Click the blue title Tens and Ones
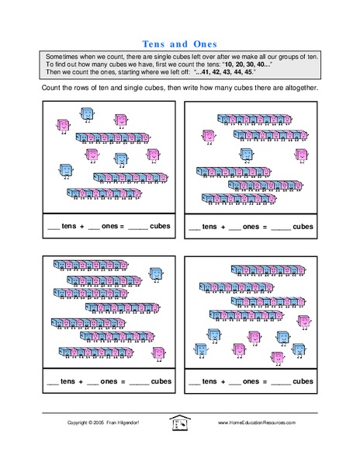pyautogui.click(x=179, y=43)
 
